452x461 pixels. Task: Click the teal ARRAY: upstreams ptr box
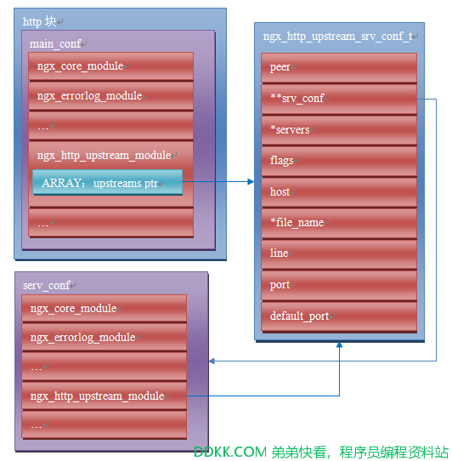(x=108, y=182)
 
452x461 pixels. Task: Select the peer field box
(x=339, y=68)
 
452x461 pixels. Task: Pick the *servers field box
(x=339, y=130)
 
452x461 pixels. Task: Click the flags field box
(x=339, y=161)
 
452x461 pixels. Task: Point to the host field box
(x=339, y=192)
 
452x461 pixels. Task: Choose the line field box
(x=339, y=254)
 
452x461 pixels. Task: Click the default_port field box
(x=339, y=316)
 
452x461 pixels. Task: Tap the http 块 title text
(x=39, y=21)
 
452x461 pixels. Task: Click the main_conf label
(x=55, y=44)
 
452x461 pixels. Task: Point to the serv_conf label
(x=47, y=286)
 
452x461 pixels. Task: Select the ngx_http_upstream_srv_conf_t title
(x=338, y=37)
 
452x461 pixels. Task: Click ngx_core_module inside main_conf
(x=80, y=66)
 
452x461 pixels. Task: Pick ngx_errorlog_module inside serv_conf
(x=82, y=338)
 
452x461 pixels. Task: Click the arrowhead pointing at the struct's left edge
(x=251, y=182)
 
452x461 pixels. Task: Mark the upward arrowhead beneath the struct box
(x=339, y=344)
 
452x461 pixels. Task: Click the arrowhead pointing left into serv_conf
(x=212, y=361)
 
